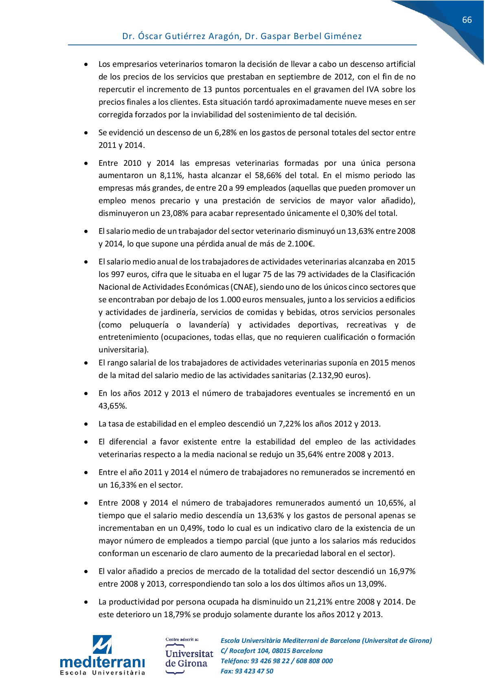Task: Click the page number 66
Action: tap(467, 20)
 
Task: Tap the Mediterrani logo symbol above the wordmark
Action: tap(102, 644)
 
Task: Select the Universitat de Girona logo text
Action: tap(189, 658)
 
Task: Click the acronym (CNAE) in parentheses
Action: tap(244, 287)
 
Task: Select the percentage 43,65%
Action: tap(112, 406)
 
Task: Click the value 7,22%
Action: tap(290, 424)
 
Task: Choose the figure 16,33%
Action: tap(123, 485)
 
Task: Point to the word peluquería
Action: tap(149, 325)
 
